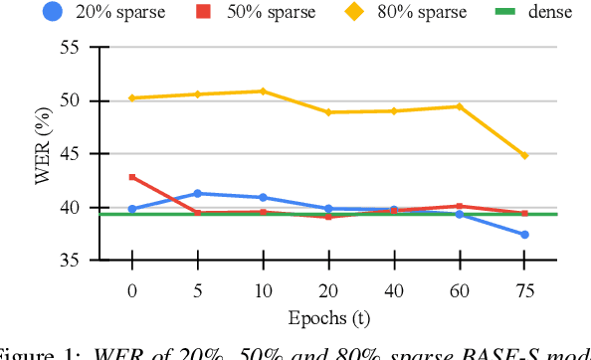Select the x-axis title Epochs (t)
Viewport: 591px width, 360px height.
pyautogui.click(x=328, y=319)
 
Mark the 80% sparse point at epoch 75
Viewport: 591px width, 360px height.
pyautogui.click(x=524, y=155)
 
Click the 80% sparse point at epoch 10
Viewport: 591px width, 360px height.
pyautogui.click(x=263, y=91)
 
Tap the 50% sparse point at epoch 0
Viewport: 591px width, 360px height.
pyautogui.click(x=132, y=177)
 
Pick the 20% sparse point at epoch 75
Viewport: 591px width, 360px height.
pyautogui.click(x=524, y=235)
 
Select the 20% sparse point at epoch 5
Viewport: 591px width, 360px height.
pyautogui.click(x=197, y=193)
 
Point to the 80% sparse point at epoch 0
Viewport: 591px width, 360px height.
pyautogui.click(x=132, y=97)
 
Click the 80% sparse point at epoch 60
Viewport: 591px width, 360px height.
pyautogui.click(x=459, y=106)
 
